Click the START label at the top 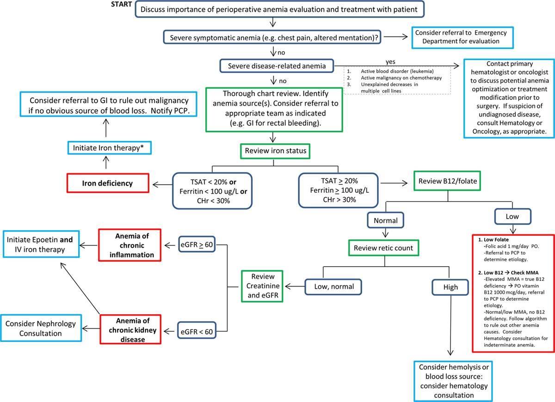[x=121, y=5]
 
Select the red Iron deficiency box [x=108, y=183]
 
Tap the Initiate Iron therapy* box [x=110, y=148]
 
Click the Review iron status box [x=275, y=151]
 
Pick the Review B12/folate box [x=447, y=181]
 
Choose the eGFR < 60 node [x=197, y=331]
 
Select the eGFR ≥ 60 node [x=197, y=244]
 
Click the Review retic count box [x=383, y=248]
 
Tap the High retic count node [x=450, y=287]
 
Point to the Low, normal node [x=333, y=286]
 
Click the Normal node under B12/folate [x=386, y=220]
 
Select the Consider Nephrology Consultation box [x=41, y=328]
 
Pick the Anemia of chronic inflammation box [x=130, y=245]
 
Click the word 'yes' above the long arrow [x=390, y=61]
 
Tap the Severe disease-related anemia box [x=277, y=66]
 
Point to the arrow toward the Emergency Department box [x=396, y=37]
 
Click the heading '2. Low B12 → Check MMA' [x=508, y=273]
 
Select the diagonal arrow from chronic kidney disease [x=80, y=288]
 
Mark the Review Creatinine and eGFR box [x=262, y=286]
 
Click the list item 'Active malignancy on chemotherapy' [x=401, y=78]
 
